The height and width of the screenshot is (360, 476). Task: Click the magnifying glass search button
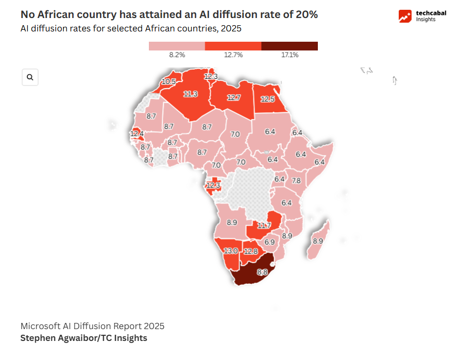30,77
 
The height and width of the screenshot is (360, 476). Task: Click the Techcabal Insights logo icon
405,16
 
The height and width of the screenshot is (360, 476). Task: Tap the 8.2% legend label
177,55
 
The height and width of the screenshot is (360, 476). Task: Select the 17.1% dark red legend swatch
290,46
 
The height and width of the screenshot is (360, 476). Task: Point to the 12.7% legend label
233,55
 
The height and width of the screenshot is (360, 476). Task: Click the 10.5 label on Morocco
169,81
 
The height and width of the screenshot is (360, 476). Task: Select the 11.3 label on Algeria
191,94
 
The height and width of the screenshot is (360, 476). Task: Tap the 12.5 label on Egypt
267,99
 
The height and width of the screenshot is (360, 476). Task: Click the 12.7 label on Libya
233,97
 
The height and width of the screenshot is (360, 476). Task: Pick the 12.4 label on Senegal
137,134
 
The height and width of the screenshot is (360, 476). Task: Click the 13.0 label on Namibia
230,251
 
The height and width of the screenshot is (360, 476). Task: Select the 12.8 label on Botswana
251,251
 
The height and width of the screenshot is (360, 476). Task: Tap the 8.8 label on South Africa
262,272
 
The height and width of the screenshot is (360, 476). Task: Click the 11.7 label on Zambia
264,226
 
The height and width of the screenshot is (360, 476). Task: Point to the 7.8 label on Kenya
296,181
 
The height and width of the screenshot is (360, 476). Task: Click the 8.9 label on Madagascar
318,241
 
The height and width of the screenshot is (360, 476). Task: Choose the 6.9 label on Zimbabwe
269,242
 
